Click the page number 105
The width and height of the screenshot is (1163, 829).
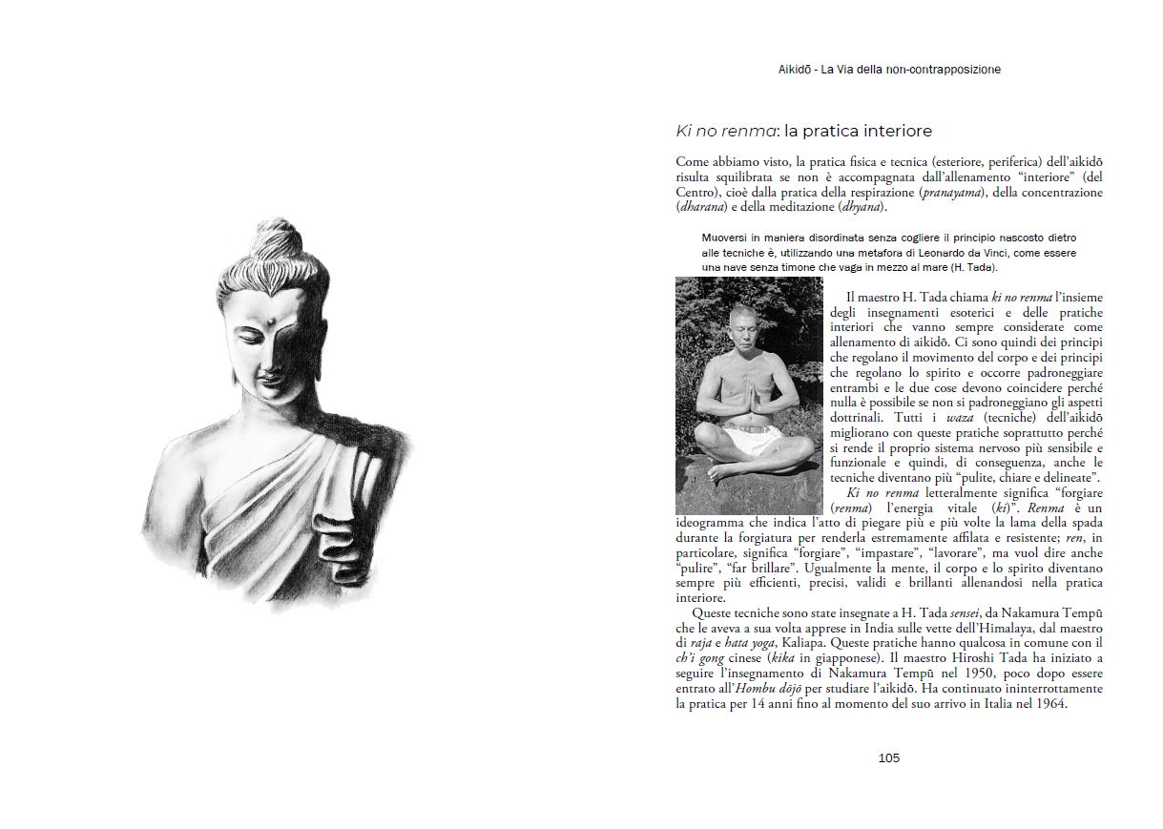coord(888,758)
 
